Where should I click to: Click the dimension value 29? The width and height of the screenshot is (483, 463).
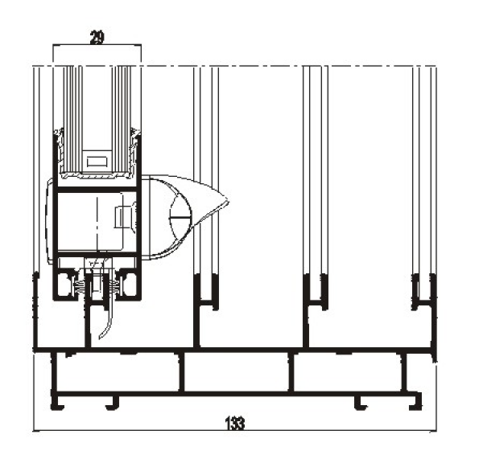(97, 38)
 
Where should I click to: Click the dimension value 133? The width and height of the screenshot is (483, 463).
(235, 423)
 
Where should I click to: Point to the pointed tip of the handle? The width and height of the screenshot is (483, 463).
(229, 202)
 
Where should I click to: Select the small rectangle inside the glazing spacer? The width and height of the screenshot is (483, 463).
(97, 162)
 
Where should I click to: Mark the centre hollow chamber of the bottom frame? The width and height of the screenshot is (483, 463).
(237, 372)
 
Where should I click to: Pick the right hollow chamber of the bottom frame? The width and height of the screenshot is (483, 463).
(349, 373)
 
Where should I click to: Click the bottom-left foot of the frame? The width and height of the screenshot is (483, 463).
(58, 401)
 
